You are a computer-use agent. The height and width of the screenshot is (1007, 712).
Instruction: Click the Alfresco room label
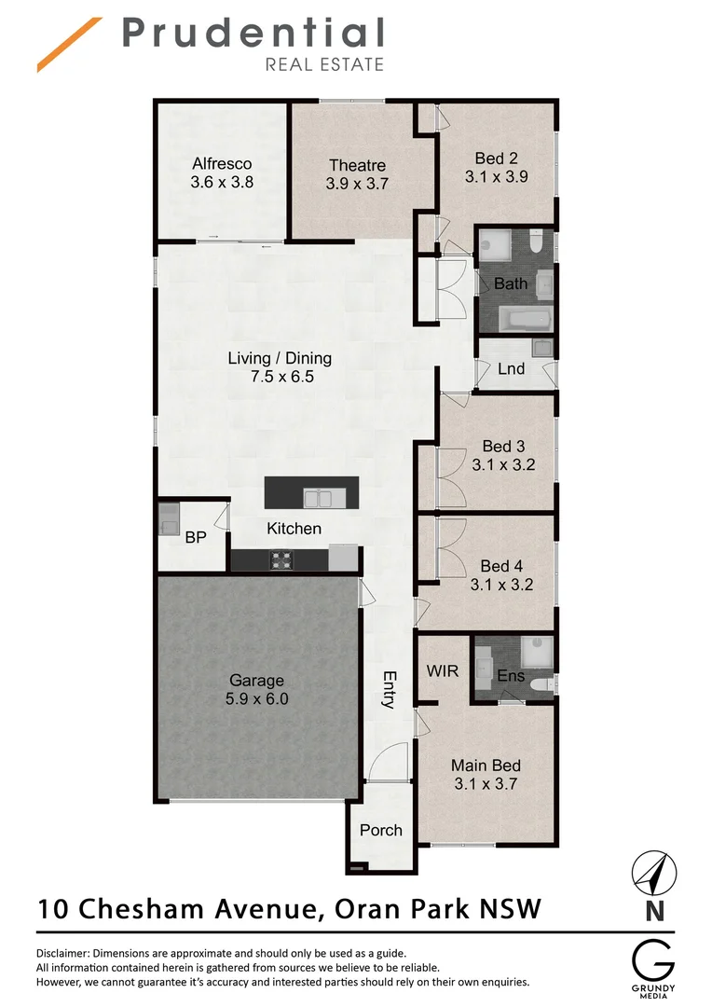(x=222, y=163)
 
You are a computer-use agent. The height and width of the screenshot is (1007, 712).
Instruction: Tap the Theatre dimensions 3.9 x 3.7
(x=357, y=185)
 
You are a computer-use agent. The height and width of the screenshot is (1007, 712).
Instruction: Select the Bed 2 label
(x=496, y=158)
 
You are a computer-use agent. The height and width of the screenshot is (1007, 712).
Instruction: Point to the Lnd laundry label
(x=511, y=368)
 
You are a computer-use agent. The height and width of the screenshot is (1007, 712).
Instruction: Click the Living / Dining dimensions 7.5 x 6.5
(x=280, y=378)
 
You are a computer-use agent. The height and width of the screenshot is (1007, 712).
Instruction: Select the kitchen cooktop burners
(x=280, y=560)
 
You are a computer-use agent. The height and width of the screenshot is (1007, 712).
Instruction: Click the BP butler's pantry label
(x=195, y=537)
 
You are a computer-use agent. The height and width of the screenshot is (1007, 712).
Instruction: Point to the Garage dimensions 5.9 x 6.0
(x=256, y=698)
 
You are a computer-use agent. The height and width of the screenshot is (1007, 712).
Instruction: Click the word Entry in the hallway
(x=390, y=690)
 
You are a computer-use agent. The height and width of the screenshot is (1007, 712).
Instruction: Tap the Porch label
(x=380, y=830)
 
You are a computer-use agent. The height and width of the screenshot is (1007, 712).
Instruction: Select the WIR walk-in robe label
(x=442, y=671)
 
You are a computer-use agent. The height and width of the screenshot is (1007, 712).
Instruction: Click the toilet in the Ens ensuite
(x=540, y=683)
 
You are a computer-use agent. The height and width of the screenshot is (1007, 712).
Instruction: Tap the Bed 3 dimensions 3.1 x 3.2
(x=503, y=464)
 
